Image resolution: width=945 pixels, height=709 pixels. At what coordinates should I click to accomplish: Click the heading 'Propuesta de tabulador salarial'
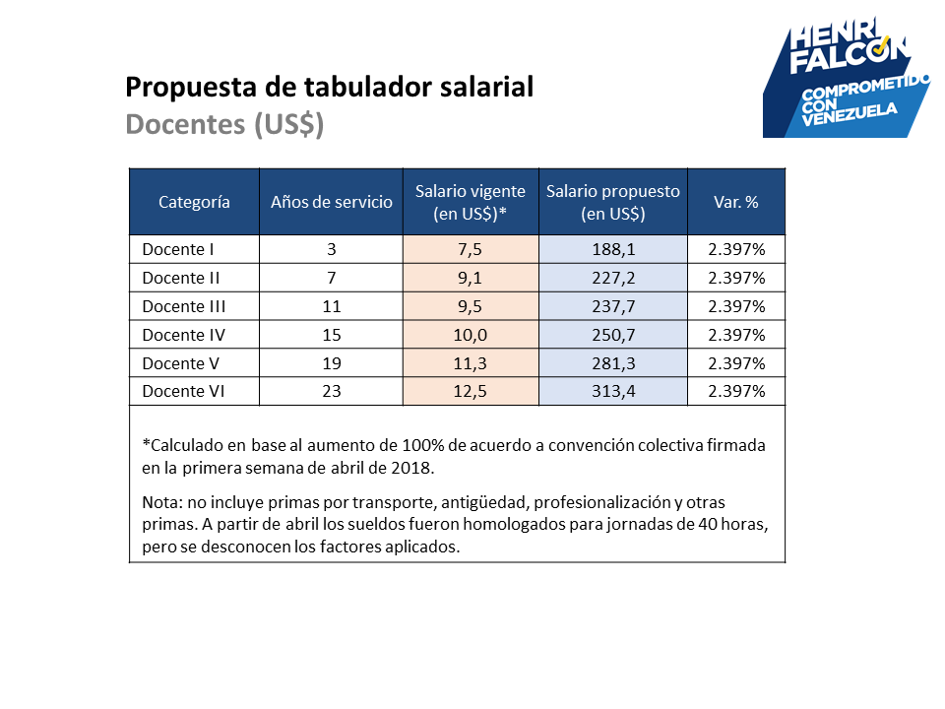click(329, 87)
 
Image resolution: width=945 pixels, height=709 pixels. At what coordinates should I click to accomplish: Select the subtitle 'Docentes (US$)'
click(224, 124)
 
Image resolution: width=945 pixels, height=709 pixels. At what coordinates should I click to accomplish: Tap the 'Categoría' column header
click(194, 202)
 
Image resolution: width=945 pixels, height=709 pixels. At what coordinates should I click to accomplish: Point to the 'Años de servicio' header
click(332, 202)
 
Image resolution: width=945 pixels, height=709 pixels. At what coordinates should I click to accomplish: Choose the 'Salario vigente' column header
click(471, 202)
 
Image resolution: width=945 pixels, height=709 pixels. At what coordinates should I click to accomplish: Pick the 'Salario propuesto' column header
click(613, 202)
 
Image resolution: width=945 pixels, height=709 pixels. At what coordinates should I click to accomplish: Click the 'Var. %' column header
click(736, 202)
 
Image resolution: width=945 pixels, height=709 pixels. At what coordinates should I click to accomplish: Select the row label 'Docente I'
click(178, 249)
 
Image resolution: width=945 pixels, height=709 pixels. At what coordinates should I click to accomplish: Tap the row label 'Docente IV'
click(183, 335)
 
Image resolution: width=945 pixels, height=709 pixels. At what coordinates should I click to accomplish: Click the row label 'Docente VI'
click(183, 391)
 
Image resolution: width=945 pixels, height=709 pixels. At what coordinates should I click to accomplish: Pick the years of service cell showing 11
click(332, 306)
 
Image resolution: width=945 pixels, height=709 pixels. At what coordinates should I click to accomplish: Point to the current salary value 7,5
click(471, 249)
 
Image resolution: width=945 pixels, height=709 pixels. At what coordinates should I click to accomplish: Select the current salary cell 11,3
click(471, 363)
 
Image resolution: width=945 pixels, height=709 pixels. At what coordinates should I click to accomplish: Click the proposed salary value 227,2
click(613, 278)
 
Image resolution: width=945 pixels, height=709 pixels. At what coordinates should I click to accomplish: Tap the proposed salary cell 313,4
click(613, 391)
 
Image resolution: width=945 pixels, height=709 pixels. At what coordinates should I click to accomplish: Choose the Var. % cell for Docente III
click(736, 306)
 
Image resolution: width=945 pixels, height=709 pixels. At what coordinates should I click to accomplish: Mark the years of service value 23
click(332, 391)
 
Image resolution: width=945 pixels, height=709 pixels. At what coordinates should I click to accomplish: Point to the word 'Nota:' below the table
click(162, 502)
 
